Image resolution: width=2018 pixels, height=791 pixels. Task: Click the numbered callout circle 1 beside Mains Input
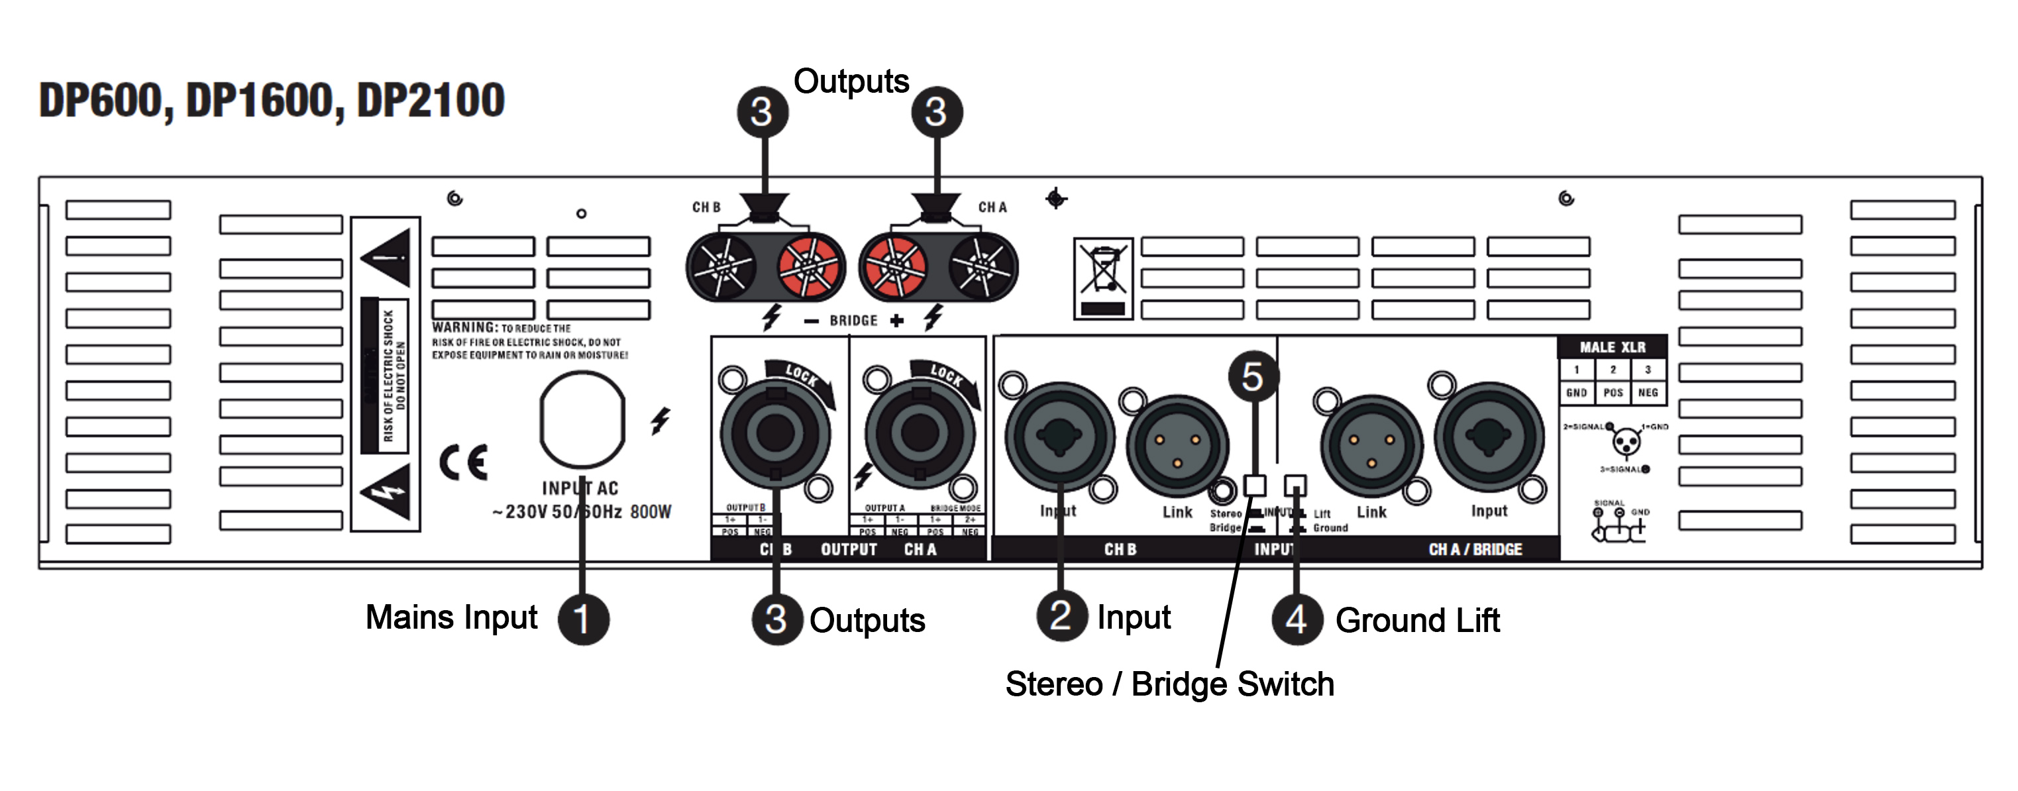(x=583, y=619)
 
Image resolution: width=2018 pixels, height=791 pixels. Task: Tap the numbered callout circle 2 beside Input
(x=1061, y=615)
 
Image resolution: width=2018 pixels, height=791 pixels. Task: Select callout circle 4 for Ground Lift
(x=1297, y=619)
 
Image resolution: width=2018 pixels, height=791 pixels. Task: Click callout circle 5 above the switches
(x=1253, y=377)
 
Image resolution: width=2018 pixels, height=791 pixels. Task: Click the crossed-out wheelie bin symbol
(x=1103, y=278)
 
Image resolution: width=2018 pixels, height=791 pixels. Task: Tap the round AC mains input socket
(x=582, y=421)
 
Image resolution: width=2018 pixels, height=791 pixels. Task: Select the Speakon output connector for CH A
(x=920, y=433)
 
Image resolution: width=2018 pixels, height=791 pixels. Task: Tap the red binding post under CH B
(x=808, y=266)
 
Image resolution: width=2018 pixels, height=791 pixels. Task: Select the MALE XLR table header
(x=1612, y=347)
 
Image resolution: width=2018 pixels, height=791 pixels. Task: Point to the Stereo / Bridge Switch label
(x=1169, y=684)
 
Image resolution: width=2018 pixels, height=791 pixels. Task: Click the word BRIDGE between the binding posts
(x=854, y=321)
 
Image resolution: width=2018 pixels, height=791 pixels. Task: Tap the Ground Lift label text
(x=1417, y=620)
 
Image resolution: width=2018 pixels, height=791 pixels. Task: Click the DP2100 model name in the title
(x=430, y=101)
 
